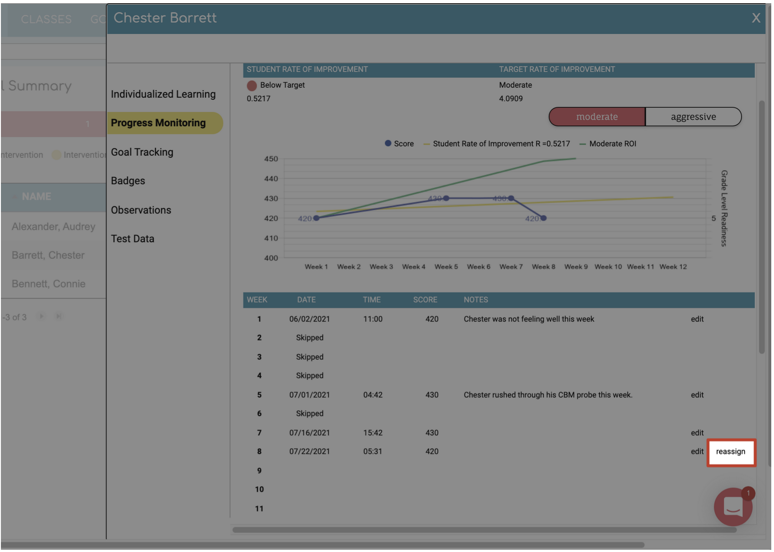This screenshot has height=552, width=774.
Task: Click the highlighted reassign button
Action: tap(730, 452)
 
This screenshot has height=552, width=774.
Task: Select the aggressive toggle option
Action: tap(693, 117)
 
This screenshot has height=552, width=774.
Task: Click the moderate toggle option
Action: tap(597, 117)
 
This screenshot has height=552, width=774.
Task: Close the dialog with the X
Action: tap(756, 18)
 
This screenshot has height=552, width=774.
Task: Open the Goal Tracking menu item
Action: tap(142, 152)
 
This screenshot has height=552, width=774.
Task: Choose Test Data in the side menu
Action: tap(132, 239)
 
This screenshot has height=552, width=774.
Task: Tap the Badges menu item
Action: tap(128, 181)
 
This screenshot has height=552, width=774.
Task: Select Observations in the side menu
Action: tap(141, 210)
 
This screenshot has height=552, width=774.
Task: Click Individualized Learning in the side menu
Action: tap(163, 94)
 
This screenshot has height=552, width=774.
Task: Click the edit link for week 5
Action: tap(697, 395)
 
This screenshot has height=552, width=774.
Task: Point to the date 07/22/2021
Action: tap(310, 451)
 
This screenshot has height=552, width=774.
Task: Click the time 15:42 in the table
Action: tap(372, 433)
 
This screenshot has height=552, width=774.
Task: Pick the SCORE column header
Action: tap(425, 300)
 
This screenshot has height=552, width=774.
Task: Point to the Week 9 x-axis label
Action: tap(576, 267)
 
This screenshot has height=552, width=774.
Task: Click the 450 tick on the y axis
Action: tap(271, 159)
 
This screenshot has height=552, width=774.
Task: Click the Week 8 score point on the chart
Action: tap(543, 218)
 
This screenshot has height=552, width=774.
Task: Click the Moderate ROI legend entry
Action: tap(612, 144)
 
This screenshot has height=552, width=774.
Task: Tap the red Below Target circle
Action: tap(252, 86)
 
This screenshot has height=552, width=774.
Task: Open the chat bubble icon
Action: tap(733, 507)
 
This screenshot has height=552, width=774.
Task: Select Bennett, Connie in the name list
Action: tap(49, 284)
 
